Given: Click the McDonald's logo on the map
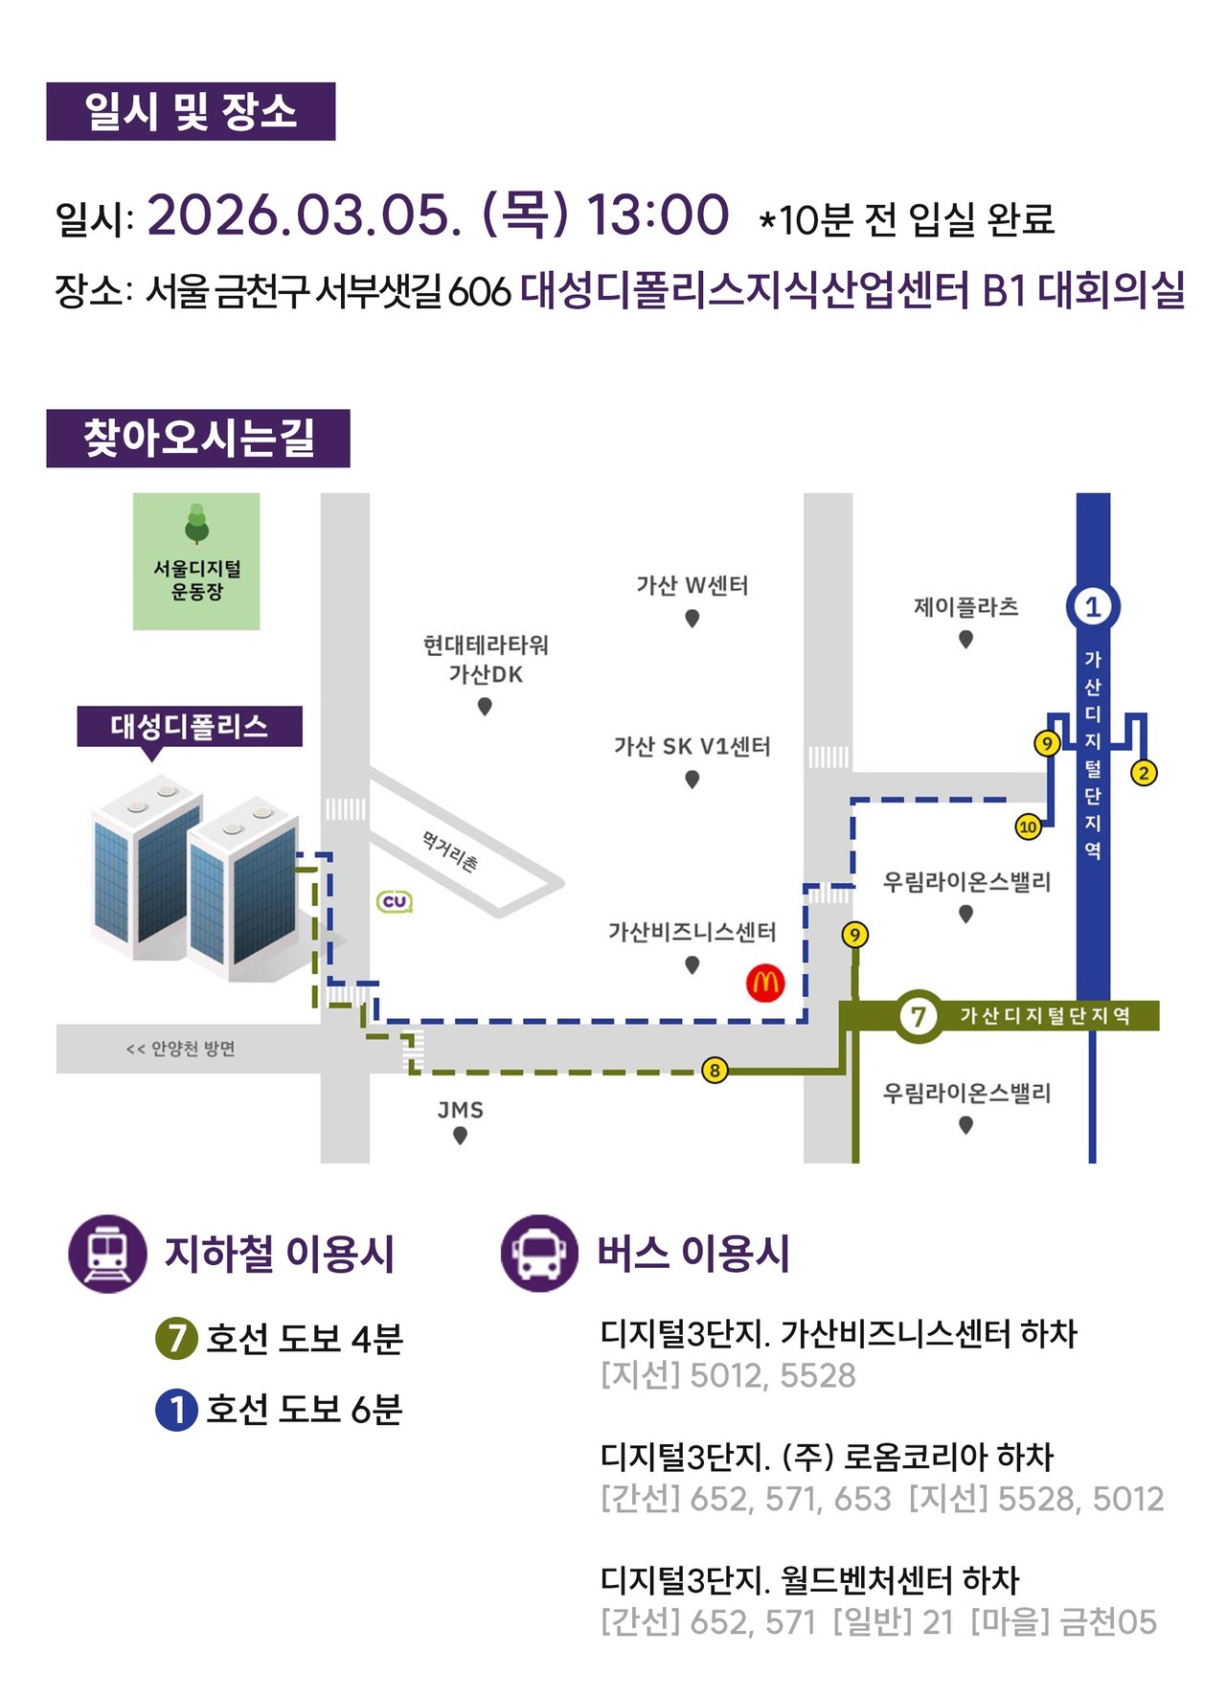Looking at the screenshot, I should [x=765, y=983].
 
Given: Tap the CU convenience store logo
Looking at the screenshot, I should [x=395, y=901].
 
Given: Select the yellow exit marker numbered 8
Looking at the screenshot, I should [x=715, y=1070].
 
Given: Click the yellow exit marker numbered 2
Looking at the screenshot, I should [x=1144, y=772].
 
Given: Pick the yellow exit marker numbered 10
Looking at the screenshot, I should [x=1028, y=826].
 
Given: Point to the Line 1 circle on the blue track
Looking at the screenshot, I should [x=1092, y=606].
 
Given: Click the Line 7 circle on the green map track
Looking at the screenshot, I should [x=918, y=1015].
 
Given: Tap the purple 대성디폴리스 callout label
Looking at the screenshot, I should [x=190, y=726].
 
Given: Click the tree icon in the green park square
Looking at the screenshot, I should [x=196, y=523].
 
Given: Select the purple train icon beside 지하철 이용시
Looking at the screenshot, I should [x=107, y=1254].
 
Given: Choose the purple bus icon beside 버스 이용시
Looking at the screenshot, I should [x=539, y=1254].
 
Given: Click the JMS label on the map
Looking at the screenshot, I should [x=461, y=1110].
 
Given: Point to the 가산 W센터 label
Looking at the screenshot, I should [x=692, y=585].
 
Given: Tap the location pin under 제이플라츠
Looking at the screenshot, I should [x=965, y=639].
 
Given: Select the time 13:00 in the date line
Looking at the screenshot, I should [x=657, y=215].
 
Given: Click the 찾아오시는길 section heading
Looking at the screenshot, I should [x=198, y=439].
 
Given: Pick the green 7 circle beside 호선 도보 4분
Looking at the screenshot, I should [x=176, y=1338].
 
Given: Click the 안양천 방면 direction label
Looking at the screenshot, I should [x=181, y=1049].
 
